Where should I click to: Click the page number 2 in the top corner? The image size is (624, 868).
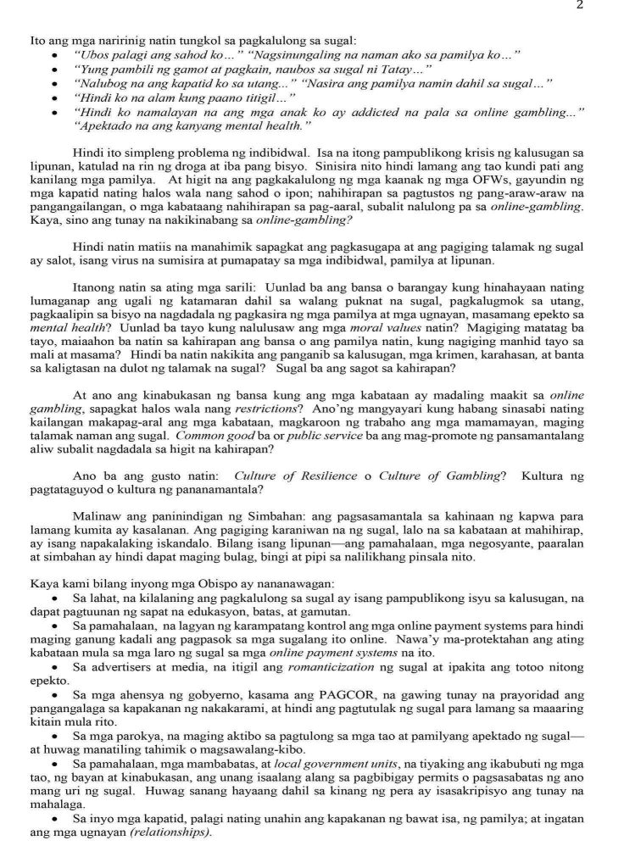tap(603, 5)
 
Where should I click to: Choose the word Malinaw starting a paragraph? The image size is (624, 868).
tap(95, 515)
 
